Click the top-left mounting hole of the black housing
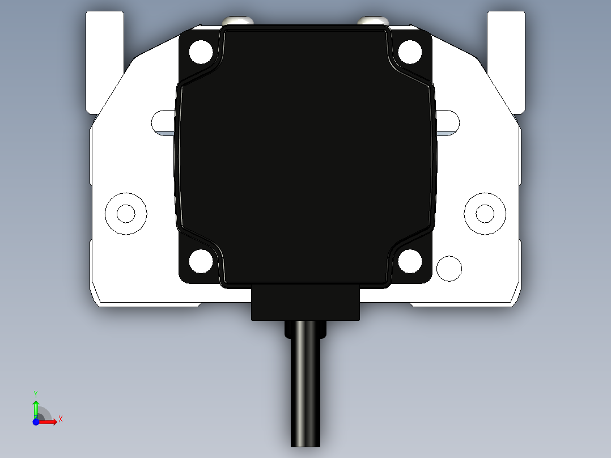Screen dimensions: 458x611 coord(201,52)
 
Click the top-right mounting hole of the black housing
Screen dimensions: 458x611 coord(410,52)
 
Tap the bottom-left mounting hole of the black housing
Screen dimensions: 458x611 coord(201,261)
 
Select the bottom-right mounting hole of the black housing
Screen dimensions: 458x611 coord(410,261)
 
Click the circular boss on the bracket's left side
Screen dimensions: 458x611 coord(126,214)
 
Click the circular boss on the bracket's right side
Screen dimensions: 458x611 coord(485,214)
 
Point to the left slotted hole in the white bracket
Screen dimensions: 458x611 coord(163,121)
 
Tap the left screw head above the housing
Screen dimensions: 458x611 coord(237,22)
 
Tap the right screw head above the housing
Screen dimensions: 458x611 coord(373,22)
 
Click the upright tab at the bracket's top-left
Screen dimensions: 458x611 coord(104,57)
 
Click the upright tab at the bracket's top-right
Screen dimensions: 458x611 coord(506,57)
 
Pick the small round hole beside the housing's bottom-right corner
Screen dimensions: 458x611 coord(449,268)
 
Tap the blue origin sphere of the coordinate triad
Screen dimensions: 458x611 coord(36,421)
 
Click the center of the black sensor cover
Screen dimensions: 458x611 coord(306,156)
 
